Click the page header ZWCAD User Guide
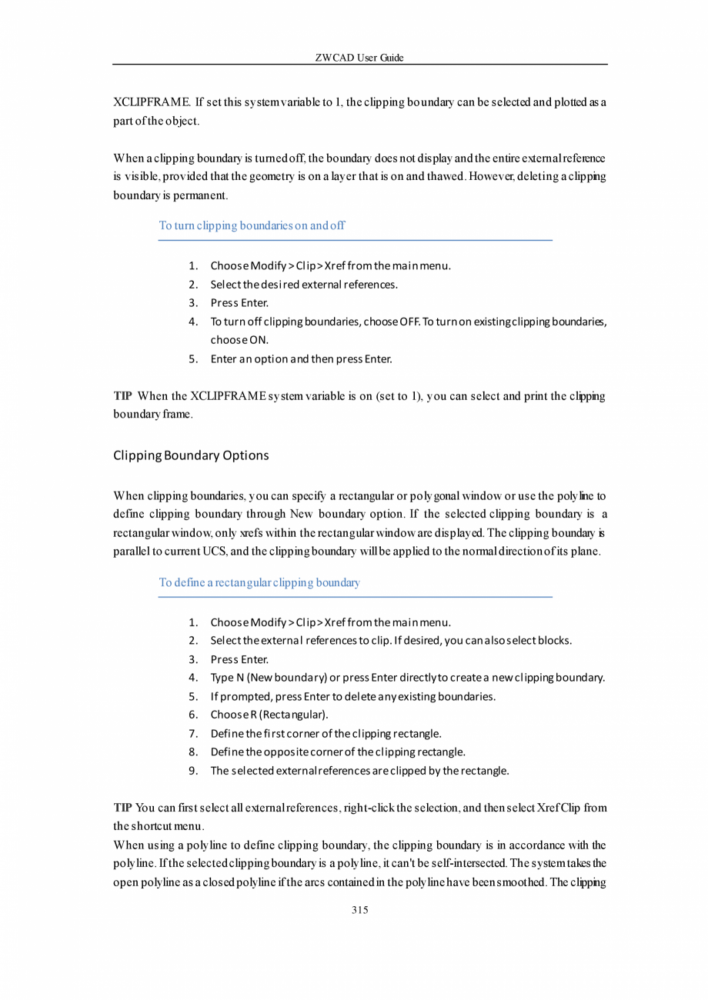click(359, 58)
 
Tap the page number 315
click(359, 910)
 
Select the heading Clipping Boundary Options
click(191, 455)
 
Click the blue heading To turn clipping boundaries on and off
click(252, 226)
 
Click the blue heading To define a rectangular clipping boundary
click(259, 582)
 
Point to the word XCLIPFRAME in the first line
click(152, 102)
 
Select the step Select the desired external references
click(304, 285)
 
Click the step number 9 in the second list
click(194, 770)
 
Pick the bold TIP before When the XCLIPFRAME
click(122, 397)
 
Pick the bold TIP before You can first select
click(122, 808)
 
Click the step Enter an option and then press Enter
click(301, 358)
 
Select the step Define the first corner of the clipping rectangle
click(326, 733)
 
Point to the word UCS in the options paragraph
click(212, 552)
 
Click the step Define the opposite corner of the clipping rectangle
click(338, 752)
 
